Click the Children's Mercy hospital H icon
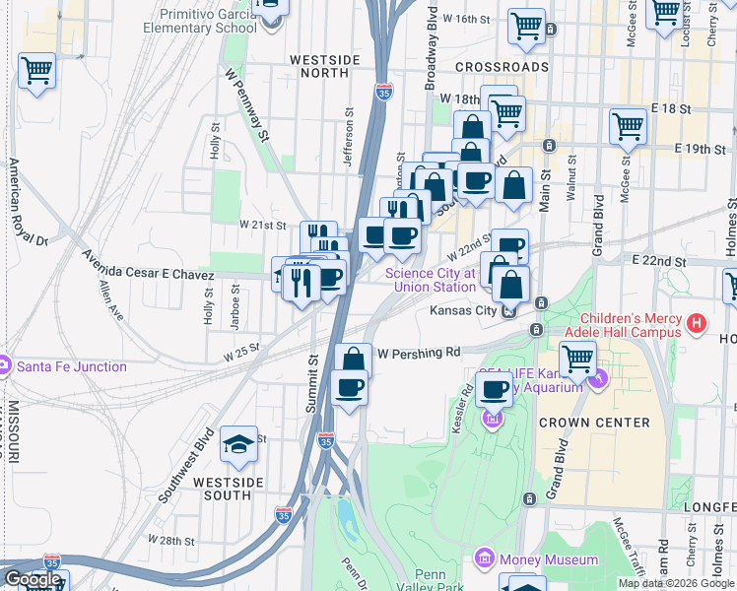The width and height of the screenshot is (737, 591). [x=697, y=321]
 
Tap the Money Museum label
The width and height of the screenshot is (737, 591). [x=549, y=559]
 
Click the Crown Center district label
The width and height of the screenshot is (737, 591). [x=594, y=422]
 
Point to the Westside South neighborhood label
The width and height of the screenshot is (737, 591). [x=228, y=489]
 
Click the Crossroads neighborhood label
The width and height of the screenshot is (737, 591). [x=502, y=66]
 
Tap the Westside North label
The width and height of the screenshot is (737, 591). [x=325, y=60]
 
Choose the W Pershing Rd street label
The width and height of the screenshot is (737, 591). [x=419, y=352]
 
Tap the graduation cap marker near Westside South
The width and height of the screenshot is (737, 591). [x=238, y=446]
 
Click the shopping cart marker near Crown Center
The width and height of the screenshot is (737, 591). [x=577, y=361]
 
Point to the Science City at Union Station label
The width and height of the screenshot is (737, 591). [x=431, y=280]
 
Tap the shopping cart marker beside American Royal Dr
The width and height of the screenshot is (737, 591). [x=36, y=72]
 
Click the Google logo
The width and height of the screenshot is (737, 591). [x=32, y=579]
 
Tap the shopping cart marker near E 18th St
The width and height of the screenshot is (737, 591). [x=628, y=126]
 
